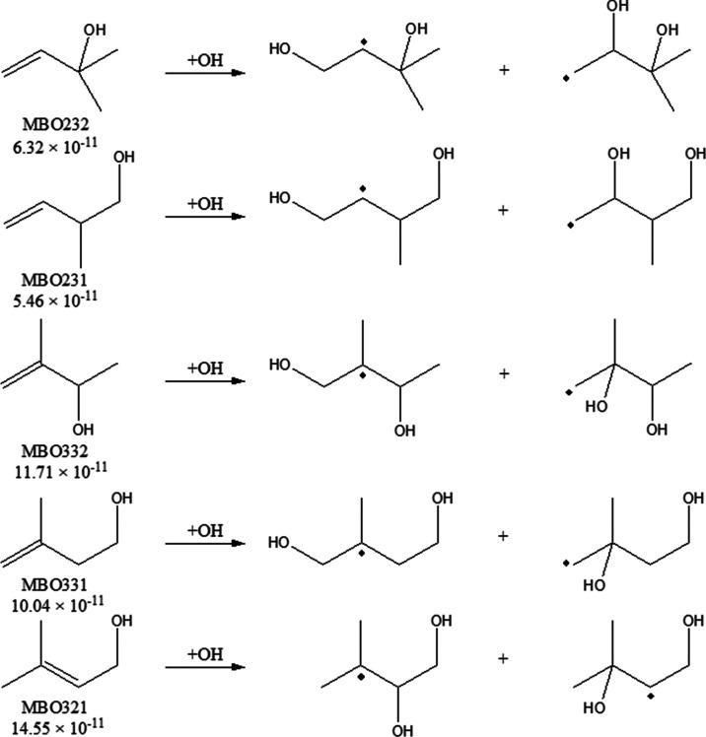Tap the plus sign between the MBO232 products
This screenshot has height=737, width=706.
[504, 72]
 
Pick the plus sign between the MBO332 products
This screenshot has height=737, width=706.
[504, 374]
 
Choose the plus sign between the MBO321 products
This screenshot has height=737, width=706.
[504, 657]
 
